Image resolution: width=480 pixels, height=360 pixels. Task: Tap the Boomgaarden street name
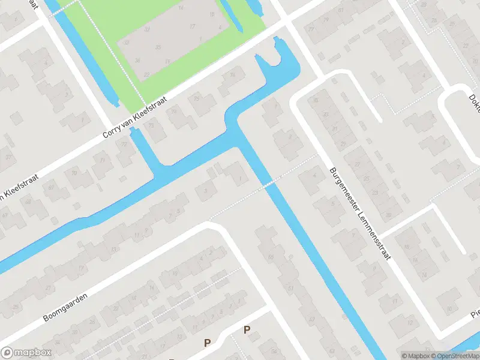tap(65, 307)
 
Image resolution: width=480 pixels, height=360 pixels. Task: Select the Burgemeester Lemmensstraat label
tap(359, 213)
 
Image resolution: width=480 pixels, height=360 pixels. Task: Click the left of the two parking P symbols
tap(208, 343)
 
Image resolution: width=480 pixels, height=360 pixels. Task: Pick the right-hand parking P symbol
tap(247, 329)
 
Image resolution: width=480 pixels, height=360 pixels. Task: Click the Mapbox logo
tap(26, 353)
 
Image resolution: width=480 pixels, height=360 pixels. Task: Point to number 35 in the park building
tap(158, 47)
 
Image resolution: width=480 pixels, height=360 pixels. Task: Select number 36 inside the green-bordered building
tap(137, 60)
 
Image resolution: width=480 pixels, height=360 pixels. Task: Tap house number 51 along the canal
tap(291, 289)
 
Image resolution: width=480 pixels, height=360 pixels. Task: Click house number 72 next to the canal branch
tap(125, 145)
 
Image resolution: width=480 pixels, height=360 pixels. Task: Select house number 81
tap(341, 10)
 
